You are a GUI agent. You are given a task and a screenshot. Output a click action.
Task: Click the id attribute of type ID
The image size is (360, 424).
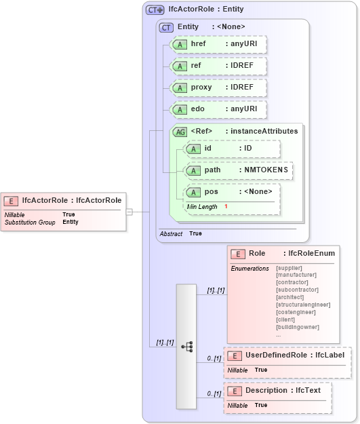point(231,149)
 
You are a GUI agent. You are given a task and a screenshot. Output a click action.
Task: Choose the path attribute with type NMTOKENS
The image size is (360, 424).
point(238,170)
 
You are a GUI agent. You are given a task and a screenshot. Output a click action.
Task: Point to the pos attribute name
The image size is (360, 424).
point(211,192)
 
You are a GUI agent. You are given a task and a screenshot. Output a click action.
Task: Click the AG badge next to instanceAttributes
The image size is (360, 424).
point(180,132)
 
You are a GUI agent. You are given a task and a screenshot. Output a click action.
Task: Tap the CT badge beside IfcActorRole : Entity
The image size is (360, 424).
point(155,9)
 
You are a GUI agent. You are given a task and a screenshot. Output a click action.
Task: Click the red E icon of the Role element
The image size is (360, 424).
point(237,254)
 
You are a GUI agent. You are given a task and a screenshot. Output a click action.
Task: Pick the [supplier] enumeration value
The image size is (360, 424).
point(289,268)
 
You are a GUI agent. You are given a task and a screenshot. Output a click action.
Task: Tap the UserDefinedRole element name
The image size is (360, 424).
point(275,355)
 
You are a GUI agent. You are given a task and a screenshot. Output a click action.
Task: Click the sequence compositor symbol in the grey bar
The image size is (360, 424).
point(186,346)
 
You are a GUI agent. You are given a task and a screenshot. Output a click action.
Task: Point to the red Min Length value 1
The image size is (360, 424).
point(226,206)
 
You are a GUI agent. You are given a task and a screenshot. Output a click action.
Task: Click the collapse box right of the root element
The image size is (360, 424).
point(129,212)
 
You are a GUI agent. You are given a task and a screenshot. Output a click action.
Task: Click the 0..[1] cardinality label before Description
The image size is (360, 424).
point(214,393)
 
